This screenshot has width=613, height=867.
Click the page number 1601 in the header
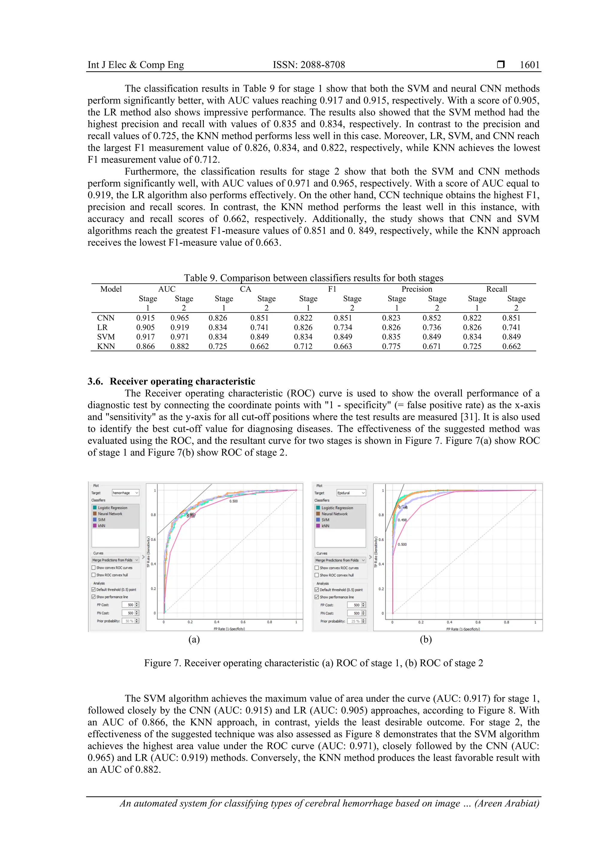[529, 65]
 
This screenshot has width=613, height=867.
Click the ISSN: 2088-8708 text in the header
[309, 65]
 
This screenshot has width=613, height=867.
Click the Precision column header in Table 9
[417, 289]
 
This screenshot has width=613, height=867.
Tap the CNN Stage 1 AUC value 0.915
[145, 318]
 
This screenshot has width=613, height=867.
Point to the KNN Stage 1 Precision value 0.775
[391, 346]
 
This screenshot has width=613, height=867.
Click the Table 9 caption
[313, 278]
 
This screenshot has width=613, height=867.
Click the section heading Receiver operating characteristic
[182, 381]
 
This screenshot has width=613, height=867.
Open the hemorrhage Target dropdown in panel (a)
[125, 493]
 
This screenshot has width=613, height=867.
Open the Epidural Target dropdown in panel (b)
[351, 493]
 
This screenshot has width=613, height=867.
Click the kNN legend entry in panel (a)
[101, 526]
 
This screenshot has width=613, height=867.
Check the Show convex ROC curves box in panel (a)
[94, 567]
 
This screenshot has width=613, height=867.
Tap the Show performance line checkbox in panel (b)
[317, 597]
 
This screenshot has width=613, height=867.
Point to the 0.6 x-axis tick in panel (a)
[243, 622]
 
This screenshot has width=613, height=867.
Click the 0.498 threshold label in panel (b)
[402, 520]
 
